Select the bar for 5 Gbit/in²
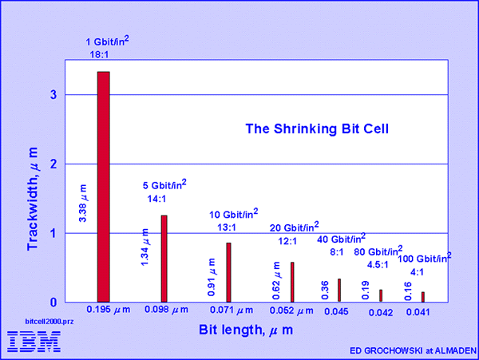coord(164,258)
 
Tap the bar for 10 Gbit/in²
coord(228,272)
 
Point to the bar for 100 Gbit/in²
coord(423,297)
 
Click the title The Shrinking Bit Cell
coord(316,128)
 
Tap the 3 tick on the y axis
coord(53,94)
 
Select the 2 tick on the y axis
coord(53,164)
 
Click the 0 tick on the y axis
coord(53,303)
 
